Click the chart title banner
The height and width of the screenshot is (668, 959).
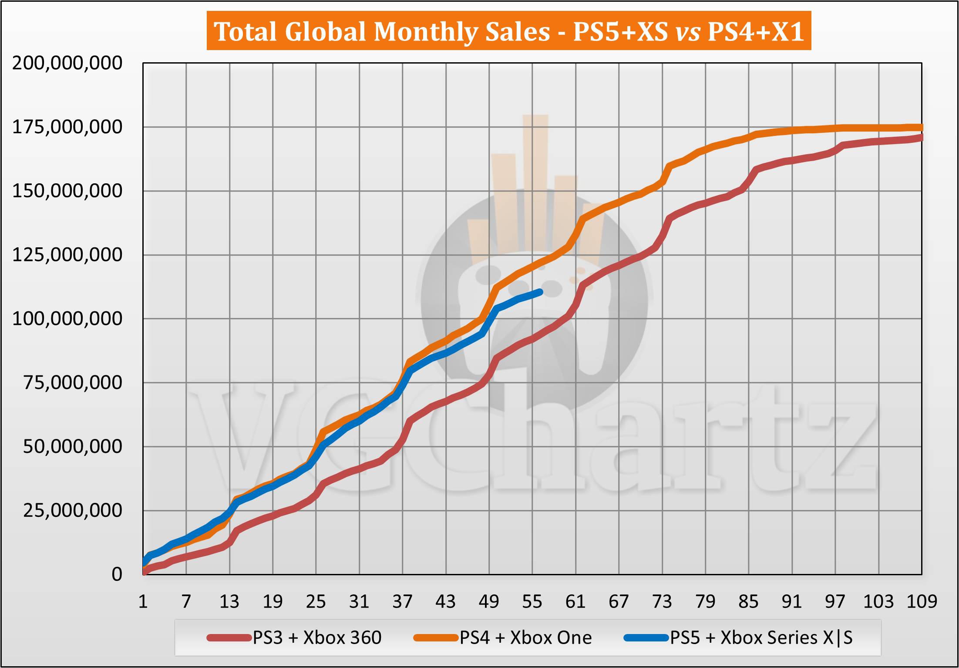[x=508, y=31]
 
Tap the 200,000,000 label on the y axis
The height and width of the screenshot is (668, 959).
[x=67, y=63]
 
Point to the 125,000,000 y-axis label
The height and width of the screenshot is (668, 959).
[x=67, y=255]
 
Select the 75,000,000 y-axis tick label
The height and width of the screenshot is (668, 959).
[x=73, y=383]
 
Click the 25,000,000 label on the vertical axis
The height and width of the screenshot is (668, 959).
[x=73, y=510]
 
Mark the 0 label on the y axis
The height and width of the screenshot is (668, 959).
[x=117, y=574]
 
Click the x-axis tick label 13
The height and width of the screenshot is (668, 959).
[x=229, y=602]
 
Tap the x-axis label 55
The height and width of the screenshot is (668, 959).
[x=532, y=602]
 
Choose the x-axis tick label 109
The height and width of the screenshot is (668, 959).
[x=922, y=602]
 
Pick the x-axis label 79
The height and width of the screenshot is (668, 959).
[x=705, y=602]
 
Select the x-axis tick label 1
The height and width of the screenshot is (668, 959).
[x=143, y=602]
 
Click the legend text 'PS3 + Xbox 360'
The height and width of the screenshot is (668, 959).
[x=317, y=638]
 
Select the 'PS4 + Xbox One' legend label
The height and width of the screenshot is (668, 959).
[x=525, y=638]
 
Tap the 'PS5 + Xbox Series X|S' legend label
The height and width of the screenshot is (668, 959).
[x=761, y=638]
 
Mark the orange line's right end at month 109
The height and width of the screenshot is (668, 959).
[x=921, y=128]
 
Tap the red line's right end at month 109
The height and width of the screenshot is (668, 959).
[x=921, y=138]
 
